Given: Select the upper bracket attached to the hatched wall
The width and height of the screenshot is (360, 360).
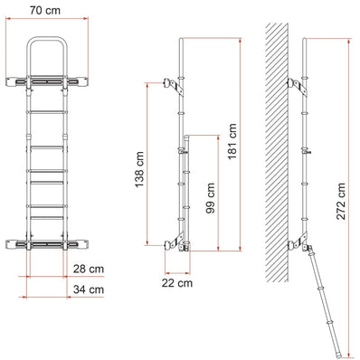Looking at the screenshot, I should tap(295, 83).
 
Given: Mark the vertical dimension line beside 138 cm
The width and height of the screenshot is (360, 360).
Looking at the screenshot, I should tap(147, 163).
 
